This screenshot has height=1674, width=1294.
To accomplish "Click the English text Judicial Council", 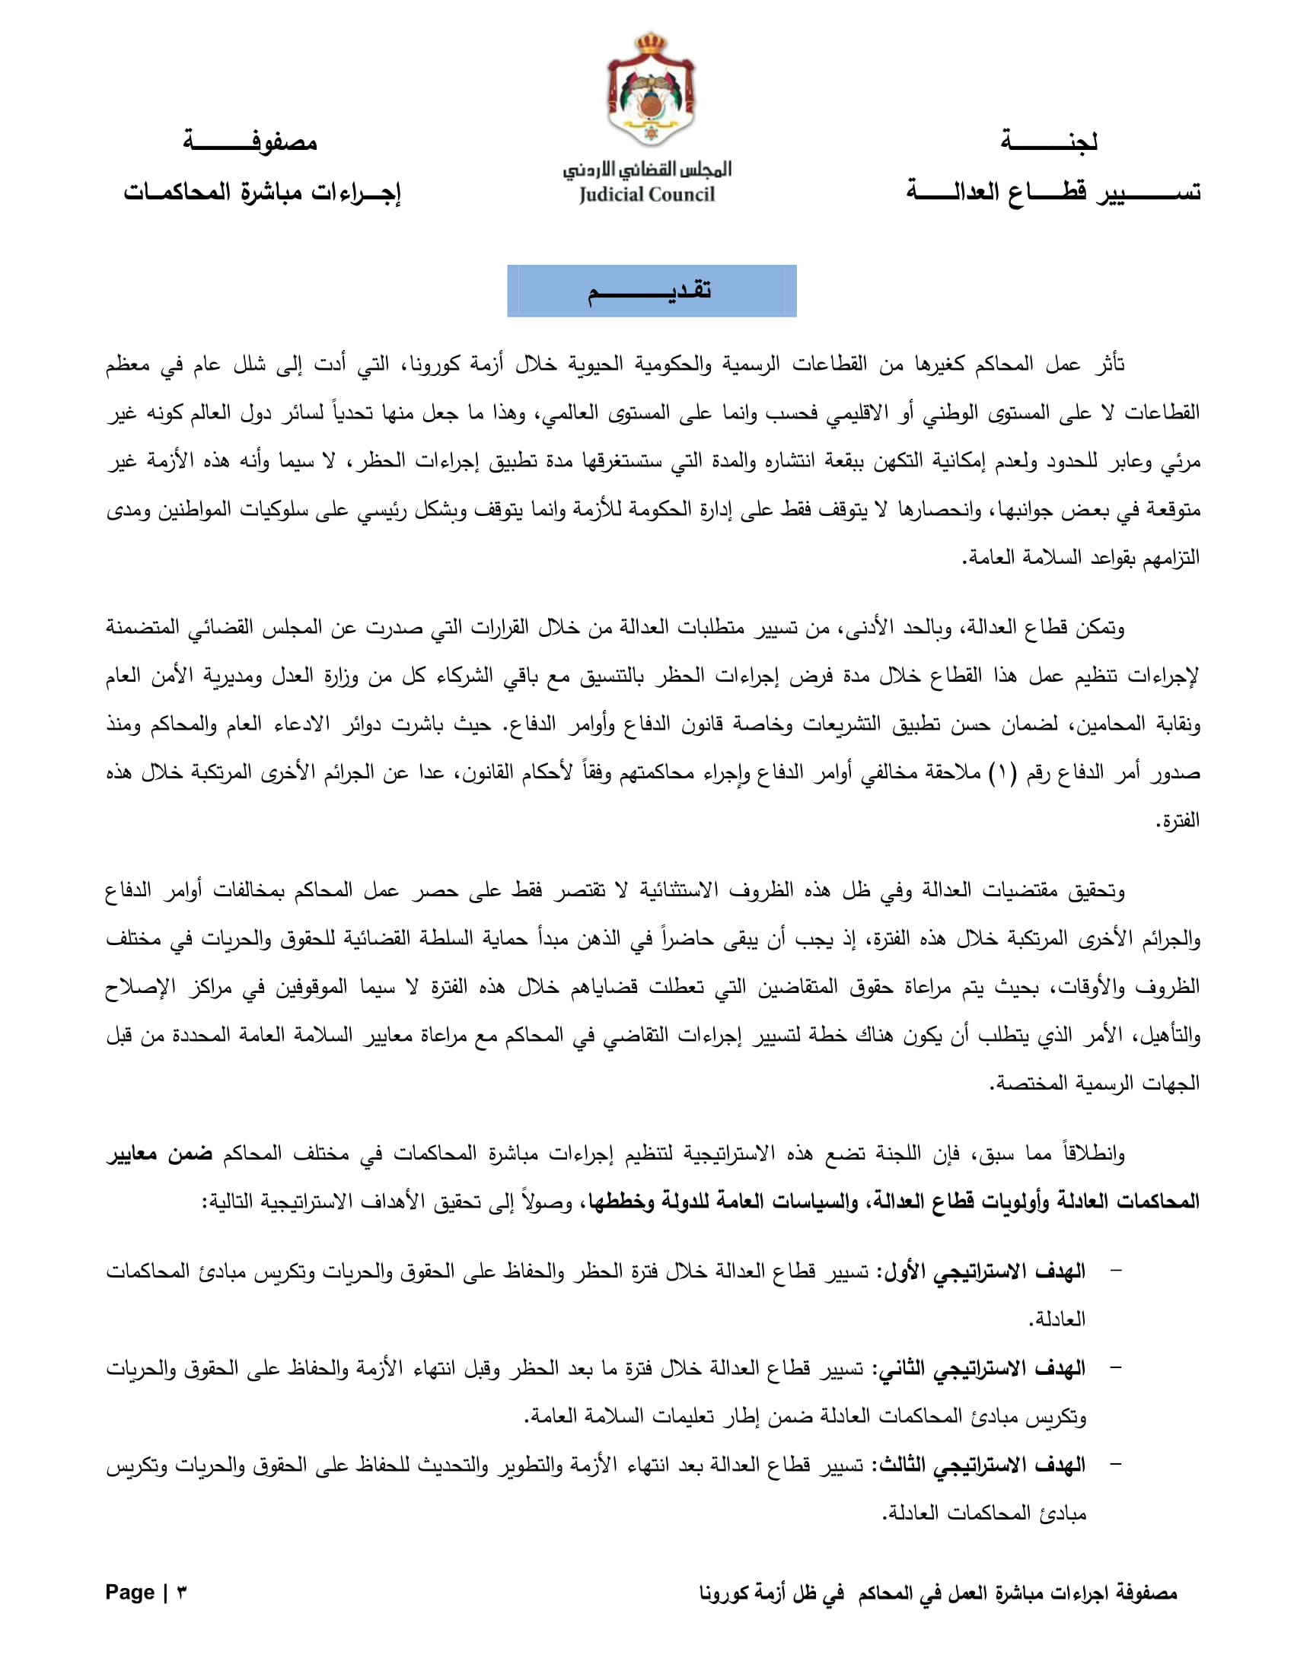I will [x=647, y=195].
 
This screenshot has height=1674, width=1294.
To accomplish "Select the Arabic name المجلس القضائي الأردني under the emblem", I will [x=648, y=170].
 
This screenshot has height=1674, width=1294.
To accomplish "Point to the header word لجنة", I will [x=1049, y=142].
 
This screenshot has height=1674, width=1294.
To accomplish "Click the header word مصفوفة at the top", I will [x=250, y=142].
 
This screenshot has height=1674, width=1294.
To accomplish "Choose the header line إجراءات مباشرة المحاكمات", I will [x=262, y=192].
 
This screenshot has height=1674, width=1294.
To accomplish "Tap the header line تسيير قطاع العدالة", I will [x=1053, y=192].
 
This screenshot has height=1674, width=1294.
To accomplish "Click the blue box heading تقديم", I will [x=652, y=291].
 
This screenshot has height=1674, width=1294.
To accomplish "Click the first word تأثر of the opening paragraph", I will [x=1108, y=364].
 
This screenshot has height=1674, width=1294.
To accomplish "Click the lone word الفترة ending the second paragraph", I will [x=1178, y=821].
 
